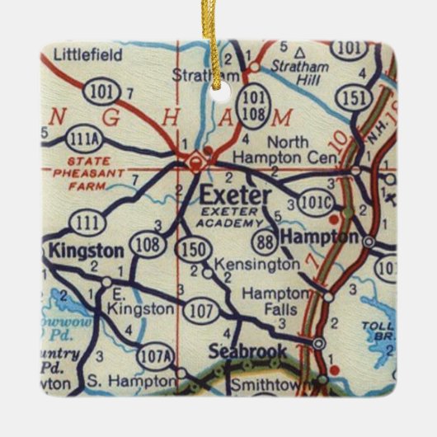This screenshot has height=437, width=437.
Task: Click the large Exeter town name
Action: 234,196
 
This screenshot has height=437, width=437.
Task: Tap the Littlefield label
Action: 87,55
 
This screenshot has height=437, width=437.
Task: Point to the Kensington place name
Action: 256,265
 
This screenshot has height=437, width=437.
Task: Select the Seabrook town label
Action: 247,351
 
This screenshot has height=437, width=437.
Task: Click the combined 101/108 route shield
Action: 252,105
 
